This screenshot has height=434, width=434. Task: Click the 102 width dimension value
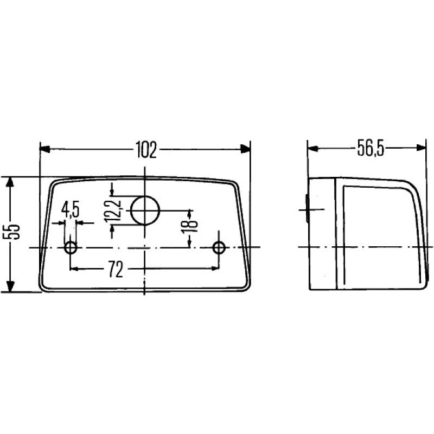pos(145,150)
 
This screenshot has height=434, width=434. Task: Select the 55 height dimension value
pos(15,232)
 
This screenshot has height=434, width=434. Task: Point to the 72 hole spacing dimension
pos(114,270)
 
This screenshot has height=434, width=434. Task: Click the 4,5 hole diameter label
pos(71,208)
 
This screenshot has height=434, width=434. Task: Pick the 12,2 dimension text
pos(114,211)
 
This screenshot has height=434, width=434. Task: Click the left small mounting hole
pos(71,248)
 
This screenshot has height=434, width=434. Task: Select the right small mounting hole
pos(219,248)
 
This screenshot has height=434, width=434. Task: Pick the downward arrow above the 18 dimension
pos(189,212)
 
